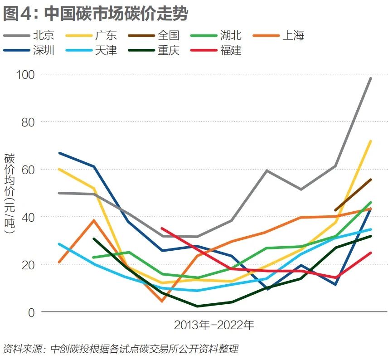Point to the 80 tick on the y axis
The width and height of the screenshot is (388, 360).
coord(28,122)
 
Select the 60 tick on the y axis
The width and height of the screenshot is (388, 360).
coord(28,170)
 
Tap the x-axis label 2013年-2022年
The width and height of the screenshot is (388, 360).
coord(214,326)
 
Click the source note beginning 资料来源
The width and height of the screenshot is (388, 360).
coord(120,349)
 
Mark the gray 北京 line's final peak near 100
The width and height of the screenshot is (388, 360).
coord(370,78)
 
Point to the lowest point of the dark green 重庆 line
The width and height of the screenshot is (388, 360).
coord(198,306)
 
